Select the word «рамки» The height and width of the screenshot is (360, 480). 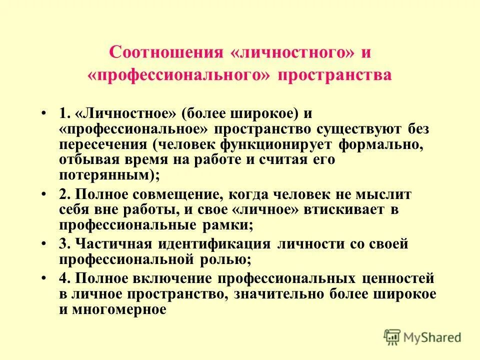224,225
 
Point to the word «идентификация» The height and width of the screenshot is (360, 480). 214,244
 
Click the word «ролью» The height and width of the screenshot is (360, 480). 224,259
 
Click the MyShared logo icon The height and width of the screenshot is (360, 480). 393,337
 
